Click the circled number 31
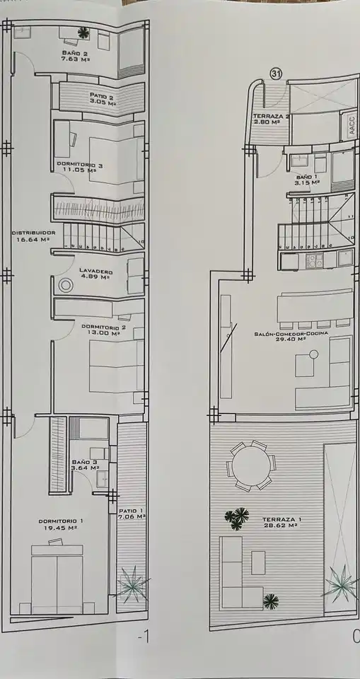(x=276, y=74)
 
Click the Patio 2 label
(x=103, y=99)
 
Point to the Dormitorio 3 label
(x=80, y=167)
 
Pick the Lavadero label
(x=96, y=274)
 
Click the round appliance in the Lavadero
(x=65, y=285)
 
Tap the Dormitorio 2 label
(x=103, y=330)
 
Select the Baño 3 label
(x=86, y=465)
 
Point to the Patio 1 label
(x=132, y=513)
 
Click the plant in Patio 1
(x=132, y=585)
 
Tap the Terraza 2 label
(x=271, y=119)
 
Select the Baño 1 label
(x=308, y=180)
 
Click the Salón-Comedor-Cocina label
(x=291, y=336)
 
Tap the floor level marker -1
(x=143, y=637)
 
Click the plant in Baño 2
(x=83, y=32)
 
